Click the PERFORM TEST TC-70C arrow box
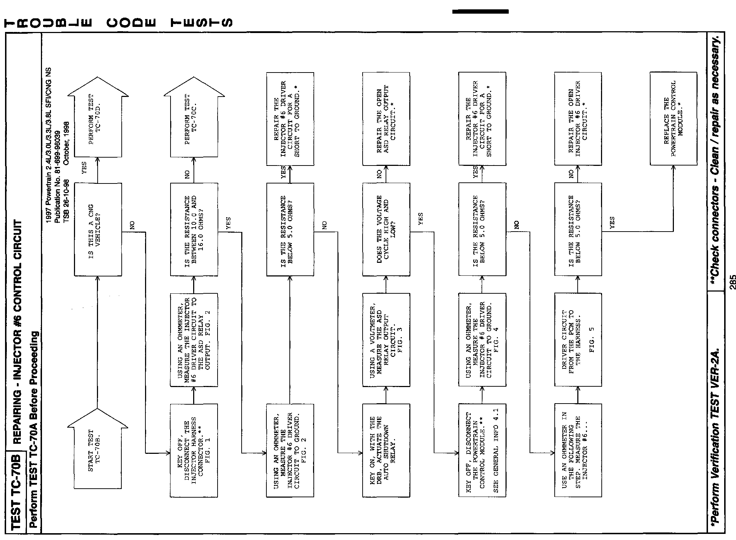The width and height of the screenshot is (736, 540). [194, 118]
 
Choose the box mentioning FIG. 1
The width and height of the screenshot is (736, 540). [194, 451]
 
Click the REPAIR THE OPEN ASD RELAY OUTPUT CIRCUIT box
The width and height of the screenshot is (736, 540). [386, 118]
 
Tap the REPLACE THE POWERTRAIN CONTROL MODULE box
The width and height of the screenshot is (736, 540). [674, 118]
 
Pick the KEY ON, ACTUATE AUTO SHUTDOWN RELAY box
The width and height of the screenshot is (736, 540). [386, 451]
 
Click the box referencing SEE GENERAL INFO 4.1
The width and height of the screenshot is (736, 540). [482, 451]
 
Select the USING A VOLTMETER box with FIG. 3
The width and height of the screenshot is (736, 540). [386, 340]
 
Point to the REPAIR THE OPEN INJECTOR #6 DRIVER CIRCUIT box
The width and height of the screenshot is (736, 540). [578, 118]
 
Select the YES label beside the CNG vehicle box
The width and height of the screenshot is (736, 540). [84, 168]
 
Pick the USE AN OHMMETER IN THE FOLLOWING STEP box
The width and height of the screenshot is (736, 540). [578, 451]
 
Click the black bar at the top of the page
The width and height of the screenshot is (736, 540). [480, 11]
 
